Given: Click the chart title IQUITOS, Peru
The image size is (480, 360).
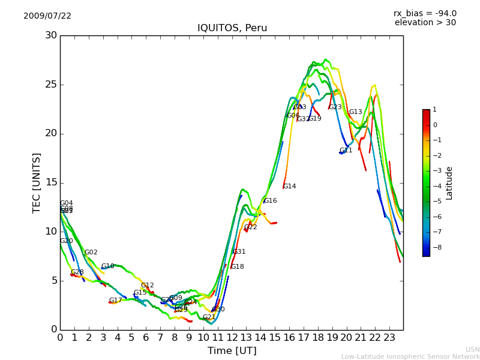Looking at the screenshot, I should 232,28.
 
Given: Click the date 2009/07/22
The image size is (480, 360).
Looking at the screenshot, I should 47,16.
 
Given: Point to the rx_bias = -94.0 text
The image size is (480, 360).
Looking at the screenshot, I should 425,13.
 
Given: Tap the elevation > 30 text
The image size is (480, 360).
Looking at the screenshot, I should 425,23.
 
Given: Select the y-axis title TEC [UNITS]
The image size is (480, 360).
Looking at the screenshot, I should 37,182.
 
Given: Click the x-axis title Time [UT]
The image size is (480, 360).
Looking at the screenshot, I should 232,350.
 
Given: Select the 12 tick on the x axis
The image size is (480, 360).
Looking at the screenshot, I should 232,337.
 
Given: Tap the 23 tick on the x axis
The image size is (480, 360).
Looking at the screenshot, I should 389,337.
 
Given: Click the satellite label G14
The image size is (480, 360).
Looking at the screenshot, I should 289,187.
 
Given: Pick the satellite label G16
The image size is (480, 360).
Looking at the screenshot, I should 270,201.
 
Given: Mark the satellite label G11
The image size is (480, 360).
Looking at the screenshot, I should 346,151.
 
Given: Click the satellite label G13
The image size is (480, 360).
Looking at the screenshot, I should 355,112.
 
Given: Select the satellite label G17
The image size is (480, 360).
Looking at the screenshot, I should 115,301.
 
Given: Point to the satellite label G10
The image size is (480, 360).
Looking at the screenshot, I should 107,266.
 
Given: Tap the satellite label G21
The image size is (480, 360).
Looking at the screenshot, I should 209,317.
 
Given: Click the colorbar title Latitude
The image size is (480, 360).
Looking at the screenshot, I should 449,183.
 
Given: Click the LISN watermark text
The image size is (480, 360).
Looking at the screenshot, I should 472,349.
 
